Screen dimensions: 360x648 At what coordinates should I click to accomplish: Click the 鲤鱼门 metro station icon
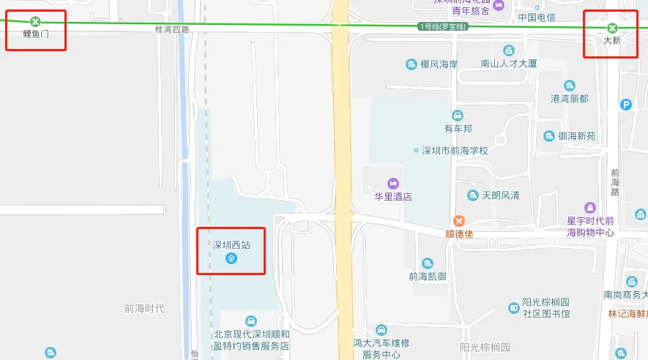(35, 21)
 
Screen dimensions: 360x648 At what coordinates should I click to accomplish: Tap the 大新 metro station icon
(612, 29)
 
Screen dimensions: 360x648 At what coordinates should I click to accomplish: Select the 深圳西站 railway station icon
(231, 258)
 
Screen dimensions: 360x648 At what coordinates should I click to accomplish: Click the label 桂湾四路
(172, 30)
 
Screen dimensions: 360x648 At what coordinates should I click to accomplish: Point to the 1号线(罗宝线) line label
(442, 26)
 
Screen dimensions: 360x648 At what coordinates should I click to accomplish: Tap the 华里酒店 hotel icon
(393, 183)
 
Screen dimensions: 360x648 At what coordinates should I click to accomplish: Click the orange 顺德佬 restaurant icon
(459, 220)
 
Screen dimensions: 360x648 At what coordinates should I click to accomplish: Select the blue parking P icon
(625, 105)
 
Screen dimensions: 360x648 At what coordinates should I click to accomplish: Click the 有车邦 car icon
(458, 116)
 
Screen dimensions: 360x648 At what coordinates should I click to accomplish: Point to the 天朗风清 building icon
(473, 195)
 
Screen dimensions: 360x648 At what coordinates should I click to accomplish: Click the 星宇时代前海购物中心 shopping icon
(590, 208)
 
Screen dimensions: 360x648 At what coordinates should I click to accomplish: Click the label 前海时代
(144, 308)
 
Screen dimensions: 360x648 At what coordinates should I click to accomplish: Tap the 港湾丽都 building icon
(569, 86)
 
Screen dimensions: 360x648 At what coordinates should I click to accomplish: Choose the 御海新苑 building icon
(549, 136)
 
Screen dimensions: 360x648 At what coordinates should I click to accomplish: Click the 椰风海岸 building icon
(411, 64)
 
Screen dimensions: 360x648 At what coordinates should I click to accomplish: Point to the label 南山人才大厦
(509, 64)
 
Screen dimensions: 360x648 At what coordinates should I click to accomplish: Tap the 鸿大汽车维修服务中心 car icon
(381, 330)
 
